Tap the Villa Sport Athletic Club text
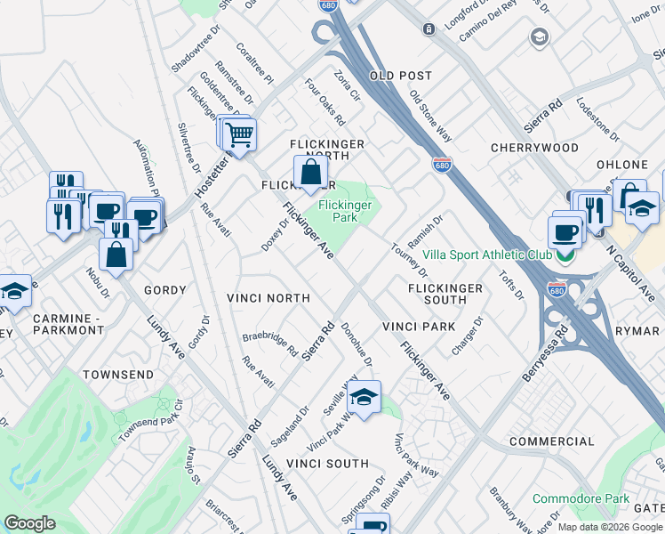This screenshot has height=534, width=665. tap(486, 255)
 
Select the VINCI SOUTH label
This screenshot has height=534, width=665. tap(335, 464)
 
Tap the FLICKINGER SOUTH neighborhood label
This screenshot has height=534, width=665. tap(445, 295)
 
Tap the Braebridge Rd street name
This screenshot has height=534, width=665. tap(270, 343)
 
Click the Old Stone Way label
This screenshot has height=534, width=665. tap(430, 114)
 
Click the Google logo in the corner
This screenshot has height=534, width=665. tap(29, 523)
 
